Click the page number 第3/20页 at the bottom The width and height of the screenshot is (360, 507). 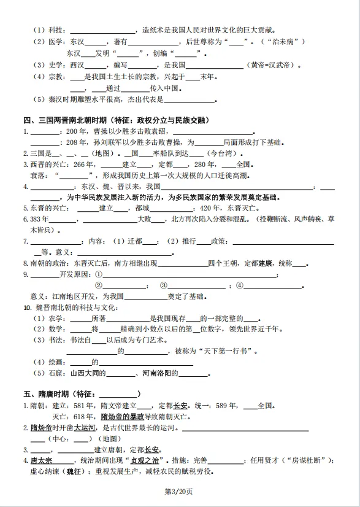(180, 491)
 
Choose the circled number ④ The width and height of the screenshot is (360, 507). (239, 285)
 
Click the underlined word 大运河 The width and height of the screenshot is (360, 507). (85, 427)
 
